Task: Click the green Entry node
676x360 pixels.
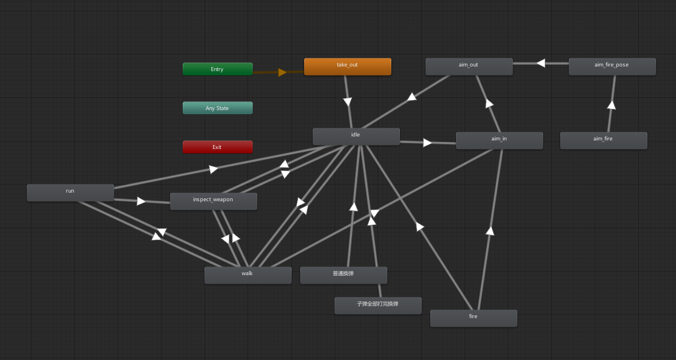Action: [x=217, y=69]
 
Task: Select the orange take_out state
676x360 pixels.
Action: [x=347, y=66]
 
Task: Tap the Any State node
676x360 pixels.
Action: [x=217, y=108]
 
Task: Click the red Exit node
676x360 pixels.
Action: [x=217, y=147]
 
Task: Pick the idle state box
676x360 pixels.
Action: [x=356, y=136]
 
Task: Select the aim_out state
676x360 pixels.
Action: [x=469, y=66]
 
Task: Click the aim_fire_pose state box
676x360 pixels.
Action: [x=612, y=66]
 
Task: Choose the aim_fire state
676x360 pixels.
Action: [x=603, y=140]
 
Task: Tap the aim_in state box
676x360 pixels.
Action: [x=499, y=140]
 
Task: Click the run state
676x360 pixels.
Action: [x=70, y=193]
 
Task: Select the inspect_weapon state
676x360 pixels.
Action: [x=213, y=201]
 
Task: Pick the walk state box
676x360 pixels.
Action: [x=247, y=275]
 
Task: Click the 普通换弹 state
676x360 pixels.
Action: [x=343, y=275]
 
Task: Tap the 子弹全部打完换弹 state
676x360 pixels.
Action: [x=378, y=306]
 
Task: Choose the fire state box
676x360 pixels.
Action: [x=473, y=318]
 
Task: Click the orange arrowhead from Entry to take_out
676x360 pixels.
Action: [x=282, y=72]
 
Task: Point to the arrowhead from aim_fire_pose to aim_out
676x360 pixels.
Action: [x=540, y=63]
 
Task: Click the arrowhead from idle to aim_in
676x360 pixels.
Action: [x=427, y=142]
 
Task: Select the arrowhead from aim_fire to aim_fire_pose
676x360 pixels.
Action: [x=611, y=105]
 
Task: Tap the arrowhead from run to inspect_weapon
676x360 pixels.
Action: [x=141, y=201]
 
